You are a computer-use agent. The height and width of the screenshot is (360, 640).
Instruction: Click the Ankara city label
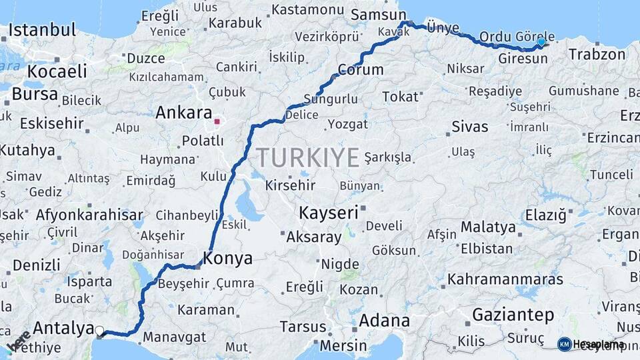pos(183,113)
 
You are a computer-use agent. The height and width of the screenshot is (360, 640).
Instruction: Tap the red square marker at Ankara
pos(217,122)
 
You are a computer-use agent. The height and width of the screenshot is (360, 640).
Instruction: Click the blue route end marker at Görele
pos(541,42)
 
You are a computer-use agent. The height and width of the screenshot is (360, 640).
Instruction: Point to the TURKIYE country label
pos(308,158)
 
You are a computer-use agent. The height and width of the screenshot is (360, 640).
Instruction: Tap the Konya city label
pos(228,259)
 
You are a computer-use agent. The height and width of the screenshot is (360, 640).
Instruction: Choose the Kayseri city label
pos(329,213)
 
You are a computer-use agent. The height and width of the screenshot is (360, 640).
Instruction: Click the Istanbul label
pos(43,30)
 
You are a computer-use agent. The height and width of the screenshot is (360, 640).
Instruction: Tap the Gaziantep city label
pos(513,315)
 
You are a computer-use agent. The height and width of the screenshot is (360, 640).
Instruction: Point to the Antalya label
pos(63,328)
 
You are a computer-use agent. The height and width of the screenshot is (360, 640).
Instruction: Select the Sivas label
pos(470,126)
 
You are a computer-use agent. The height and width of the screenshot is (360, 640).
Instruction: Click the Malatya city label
pos(488,227)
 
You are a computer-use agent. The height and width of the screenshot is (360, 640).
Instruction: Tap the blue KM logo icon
pos(564,344)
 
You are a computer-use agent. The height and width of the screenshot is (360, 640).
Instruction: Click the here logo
pos(18,340)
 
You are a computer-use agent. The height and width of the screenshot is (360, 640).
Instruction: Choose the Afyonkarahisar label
pos(89,215)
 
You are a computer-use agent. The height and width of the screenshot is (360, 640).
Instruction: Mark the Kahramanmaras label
pos(505,279)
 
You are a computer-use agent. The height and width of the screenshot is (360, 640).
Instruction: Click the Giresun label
pos(523,59)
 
